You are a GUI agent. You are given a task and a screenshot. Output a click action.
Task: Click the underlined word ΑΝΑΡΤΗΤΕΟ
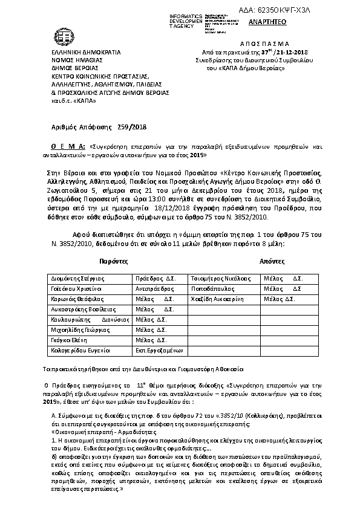tap(265, 22)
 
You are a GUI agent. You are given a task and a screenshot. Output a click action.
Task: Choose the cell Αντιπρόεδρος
tap(153, 289)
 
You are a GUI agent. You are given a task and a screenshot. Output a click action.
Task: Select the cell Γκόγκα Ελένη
tap(68, 340)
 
